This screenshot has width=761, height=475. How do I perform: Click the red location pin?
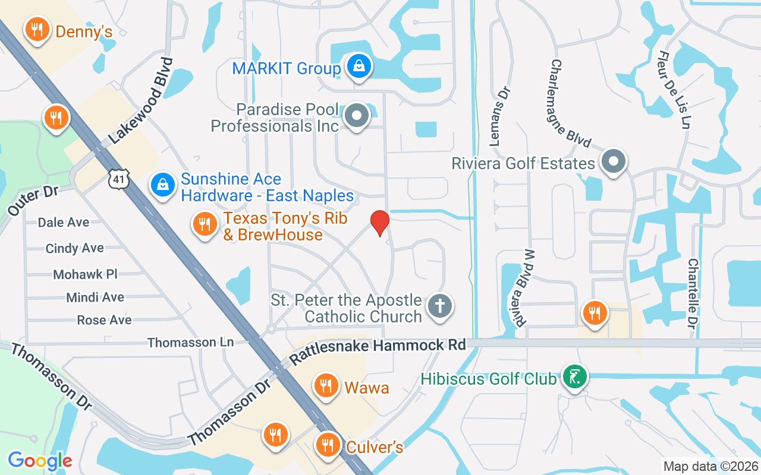pos(380,223)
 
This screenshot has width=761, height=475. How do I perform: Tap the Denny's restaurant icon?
pos(37,30)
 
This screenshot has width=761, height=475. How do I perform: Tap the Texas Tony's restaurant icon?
pos(205,224)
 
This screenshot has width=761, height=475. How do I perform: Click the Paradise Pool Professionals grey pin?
pos(357,115)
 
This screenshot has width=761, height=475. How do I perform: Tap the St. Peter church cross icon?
pos(440,306)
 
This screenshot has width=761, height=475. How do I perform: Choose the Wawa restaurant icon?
pos(325,385)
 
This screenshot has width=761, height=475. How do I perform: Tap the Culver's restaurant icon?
pos(326,444)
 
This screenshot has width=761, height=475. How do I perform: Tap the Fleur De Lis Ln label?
pos(674,89)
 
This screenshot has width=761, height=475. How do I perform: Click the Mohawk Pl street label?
pos(85,274)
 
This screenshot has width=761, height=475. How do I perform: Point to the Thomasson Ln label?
pos(190,343)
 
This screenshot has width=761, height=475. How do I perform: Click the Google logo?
pos(40,461)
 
